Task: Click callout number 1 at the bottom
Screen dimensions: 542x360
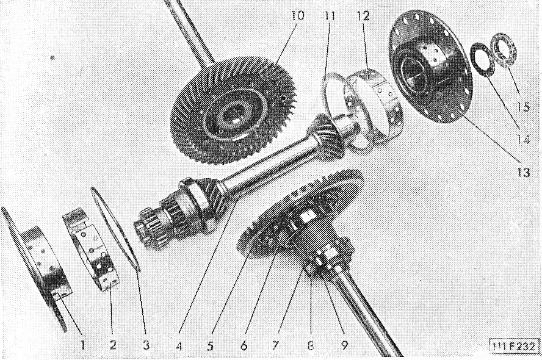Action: point(82,345)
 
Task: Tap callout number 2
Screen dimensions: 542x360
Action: point(113,345)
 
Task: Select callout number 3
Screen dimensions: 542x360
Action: point(146,345)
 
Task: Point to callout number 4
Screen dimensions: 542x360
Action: point(179,345)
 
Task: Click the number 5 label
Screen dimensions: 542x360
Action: point(210,345)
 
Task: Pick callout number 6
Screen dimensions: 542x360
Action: point(244,345)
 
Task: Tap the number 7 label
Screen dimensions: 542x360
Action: point(275,345)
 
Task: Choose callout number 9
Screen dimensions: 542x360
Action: point(344,345)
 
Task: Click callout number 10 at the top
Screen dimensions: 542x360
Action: point(298,16)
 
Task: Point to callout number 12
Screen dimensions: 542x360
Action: point(363,16)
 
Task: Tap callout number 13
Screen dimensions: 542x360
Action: point(522,171)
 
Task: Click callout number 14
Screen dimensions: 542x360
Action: point(522,139)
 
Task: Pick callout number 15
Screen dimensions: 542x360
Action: point(522,107)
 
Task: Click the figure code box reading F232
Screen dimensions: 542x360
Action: point(515,346)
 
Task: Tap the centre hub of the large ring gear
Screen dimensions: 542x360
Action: point(231,116)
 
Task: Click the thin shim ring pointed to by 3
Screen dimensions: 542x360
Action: point(116,229)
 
